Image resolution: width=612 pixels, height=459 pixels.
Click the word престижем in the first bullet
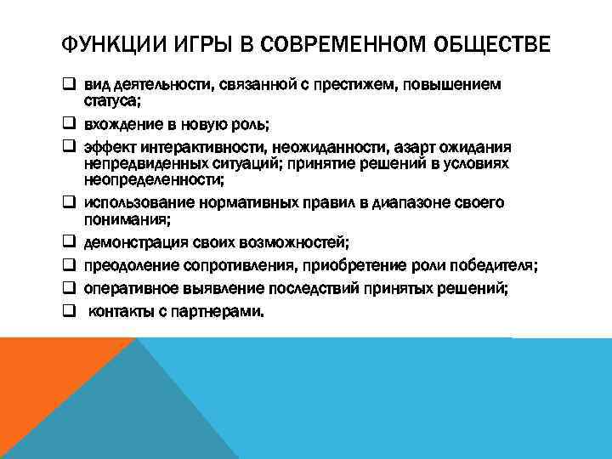point(350,85)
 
